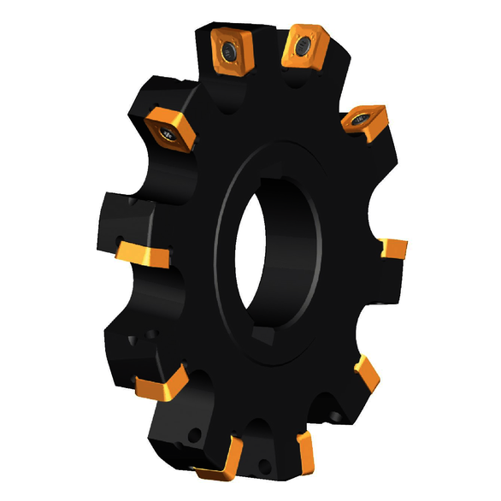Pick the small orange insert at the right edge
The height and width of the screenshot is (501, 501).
click(x=394, y=249)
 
